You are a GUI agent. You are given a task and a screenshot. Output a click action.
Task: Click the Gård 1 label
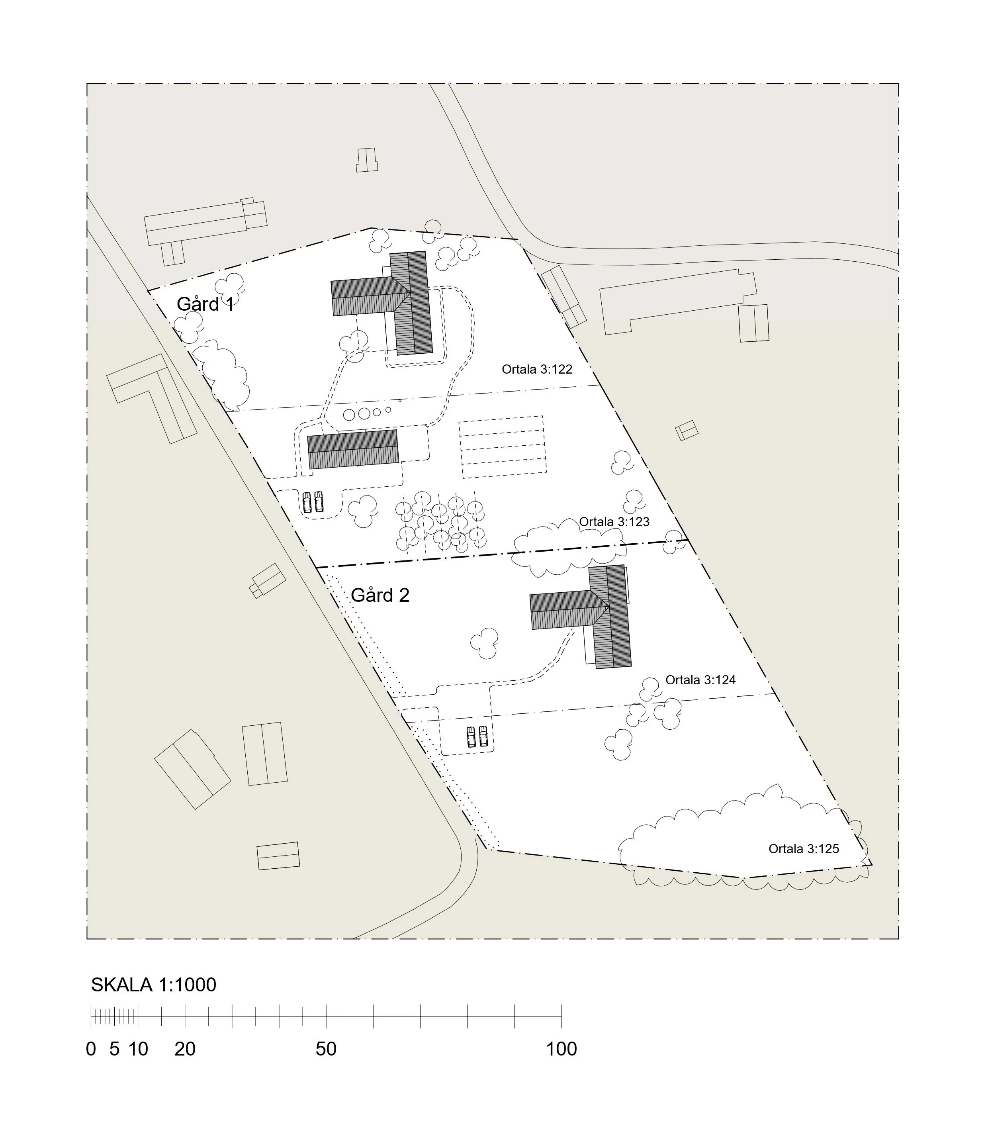[205, 304]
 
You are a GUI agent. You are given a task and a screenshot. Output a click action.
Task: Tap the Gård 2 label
[380, 595]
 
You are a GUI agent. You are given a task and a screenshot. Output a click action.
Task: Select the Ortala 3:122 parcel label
[536, 369]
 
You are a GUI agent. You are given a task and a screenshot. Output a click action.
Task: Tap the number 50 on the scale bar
[326, 1048]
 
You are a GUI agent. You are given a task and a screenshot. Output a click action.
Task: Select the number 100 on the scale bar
[561, 1048]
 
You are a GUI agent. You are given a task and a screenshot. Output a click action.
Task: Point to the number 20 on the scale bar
[185, 1048]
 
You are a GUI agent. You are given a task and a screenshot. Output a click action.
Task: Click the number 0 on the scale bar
[91, 1048]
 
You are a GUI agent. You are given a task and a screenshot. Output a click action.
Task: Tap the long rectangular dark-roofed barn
[353, 449]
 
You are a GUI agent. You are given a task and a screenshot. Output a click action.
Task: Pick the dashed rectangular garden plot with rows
[503, 447]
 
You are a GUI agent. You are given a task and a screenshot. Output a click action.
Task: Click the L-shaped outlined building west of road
[152, 397]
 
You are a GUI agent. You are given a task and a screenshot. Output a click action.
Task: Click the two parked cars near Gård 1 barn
[313, 502]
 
